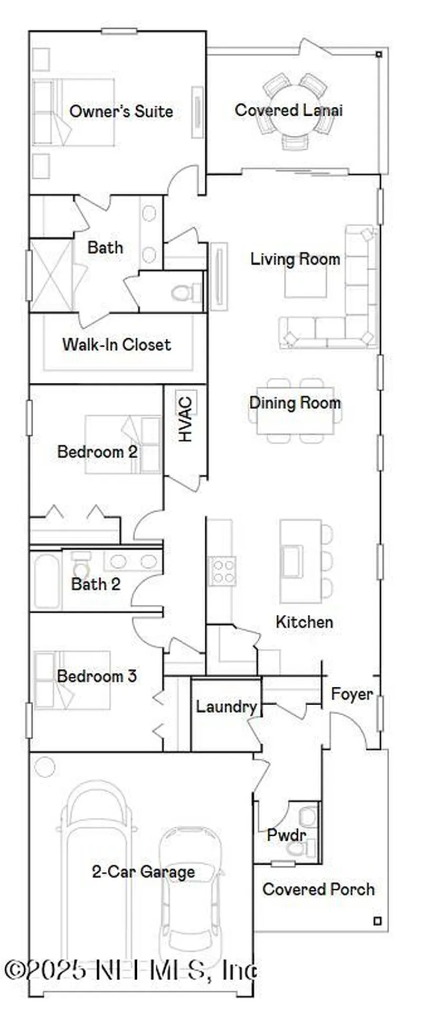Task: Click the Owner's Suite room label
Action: click(x=121, y=112)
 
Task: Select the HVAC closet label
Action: click(x=185, y=426)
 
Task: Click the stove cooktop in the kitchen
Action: click(x=222, y=571)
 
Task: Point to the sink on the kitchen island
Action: click(x=293, y=561)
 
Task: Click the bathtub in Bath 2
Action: click(x=46, y=581)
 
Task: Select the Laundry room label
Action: click(x=226, y=707)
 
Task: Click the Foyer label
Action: click(x=352, y=694)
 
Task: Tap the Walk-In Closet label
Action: click(x=117, y=345)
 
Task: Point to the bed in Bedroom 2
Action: click(x=123, y=444)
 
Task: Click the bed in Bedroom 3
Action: click(x=72, y=680)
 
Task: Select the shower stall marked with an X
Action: click(x=51, y=275)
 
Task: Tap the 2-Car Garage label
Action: click(x=143, y=872)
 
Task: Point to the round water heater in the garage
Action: click(x=45, y=767)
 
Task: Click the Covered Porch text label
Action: click(x=318, y=889)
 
